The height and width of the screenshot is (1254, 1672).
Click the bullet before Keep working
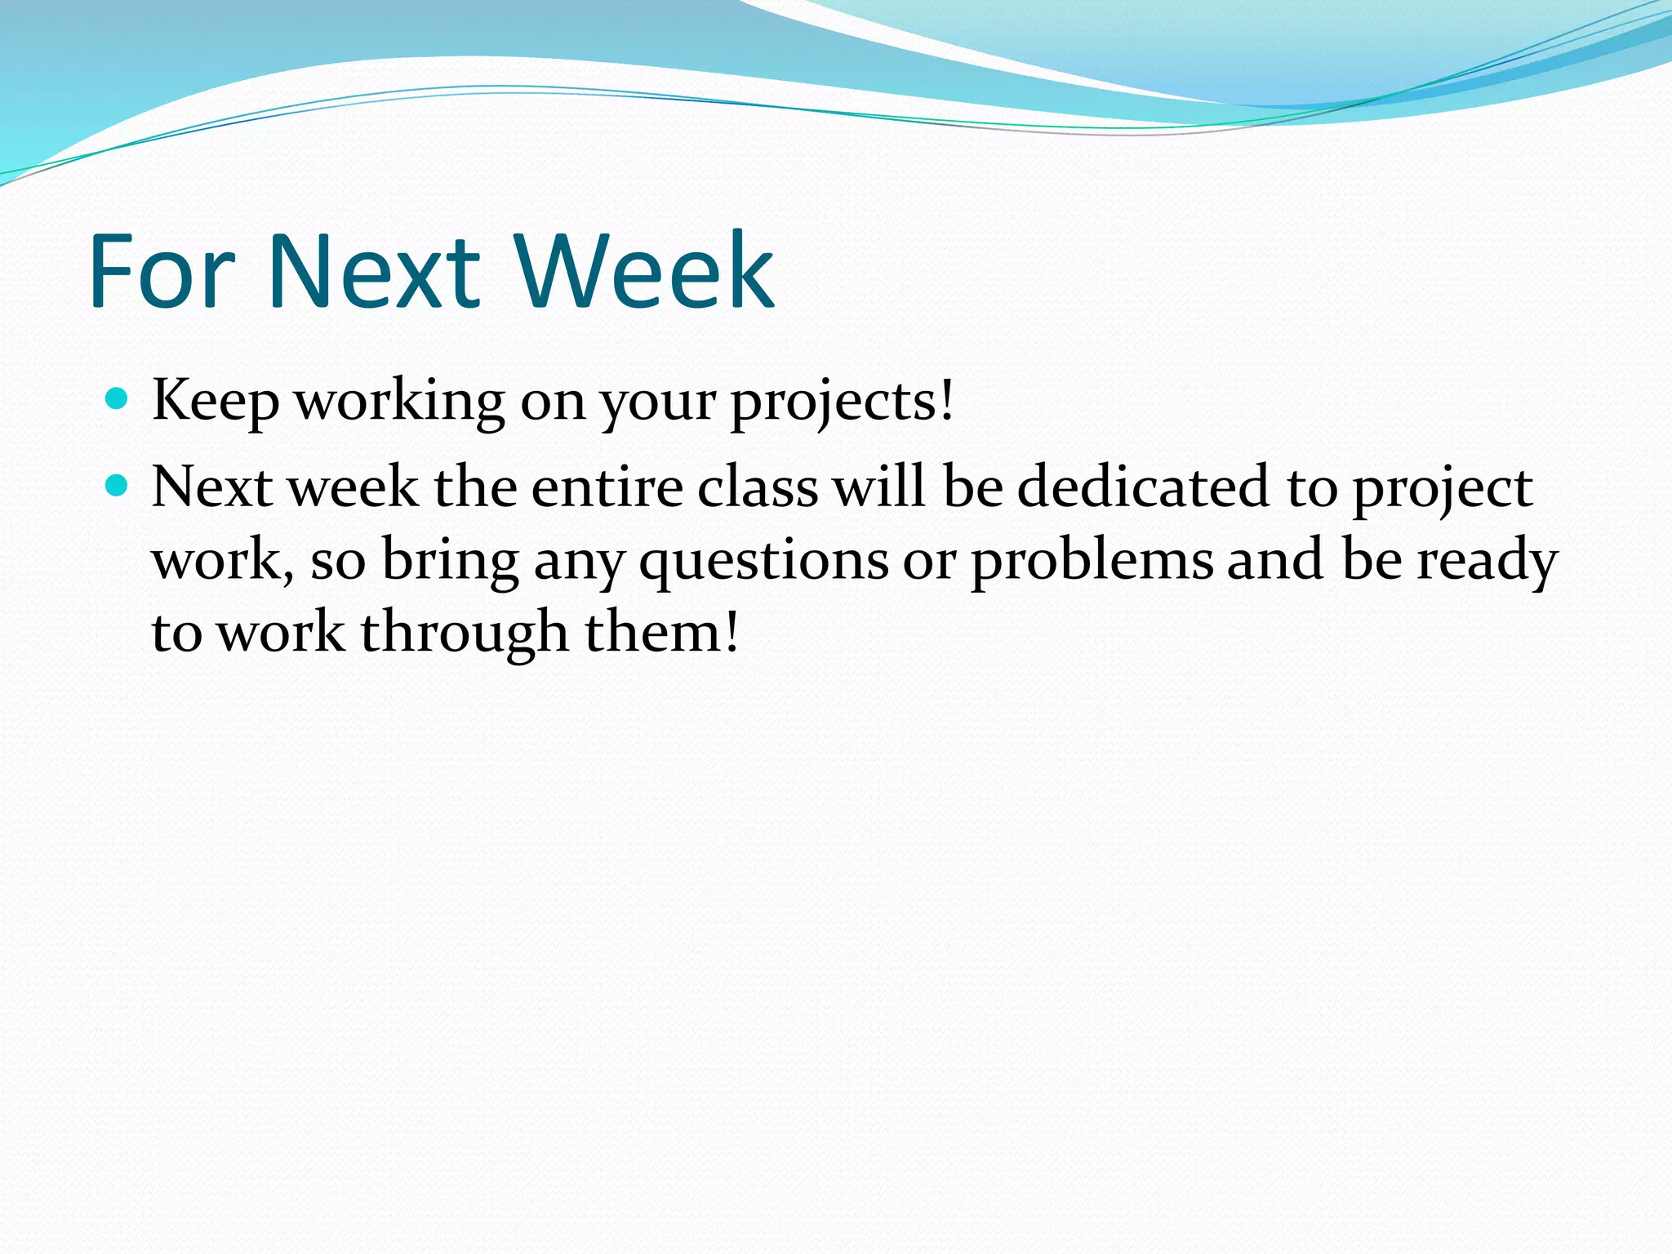[118, 399]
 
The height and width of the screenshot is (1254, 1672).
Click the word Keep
[216, 402]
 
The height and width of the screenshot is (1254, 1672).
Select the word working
[399, 402]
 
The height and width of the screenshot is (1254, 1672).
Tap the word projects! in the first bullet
[842, 402]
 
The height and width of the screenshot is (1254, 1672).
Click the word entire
[607, 488]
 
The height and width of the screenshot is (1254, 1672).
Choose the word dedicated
[1144, 488]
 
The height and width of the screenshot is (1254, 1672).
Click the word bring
[451, 562]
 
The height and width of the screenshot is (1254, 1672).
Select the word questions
[763, 562]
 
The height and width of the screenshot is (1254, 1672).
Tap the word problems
[1092, 562]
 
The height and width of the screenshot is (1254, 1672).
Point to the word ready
[1487, 562]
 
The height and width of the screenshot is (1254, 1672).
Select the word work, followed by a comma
[223, 562]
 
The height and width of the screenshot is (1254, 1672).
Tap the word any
[579, 562]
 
